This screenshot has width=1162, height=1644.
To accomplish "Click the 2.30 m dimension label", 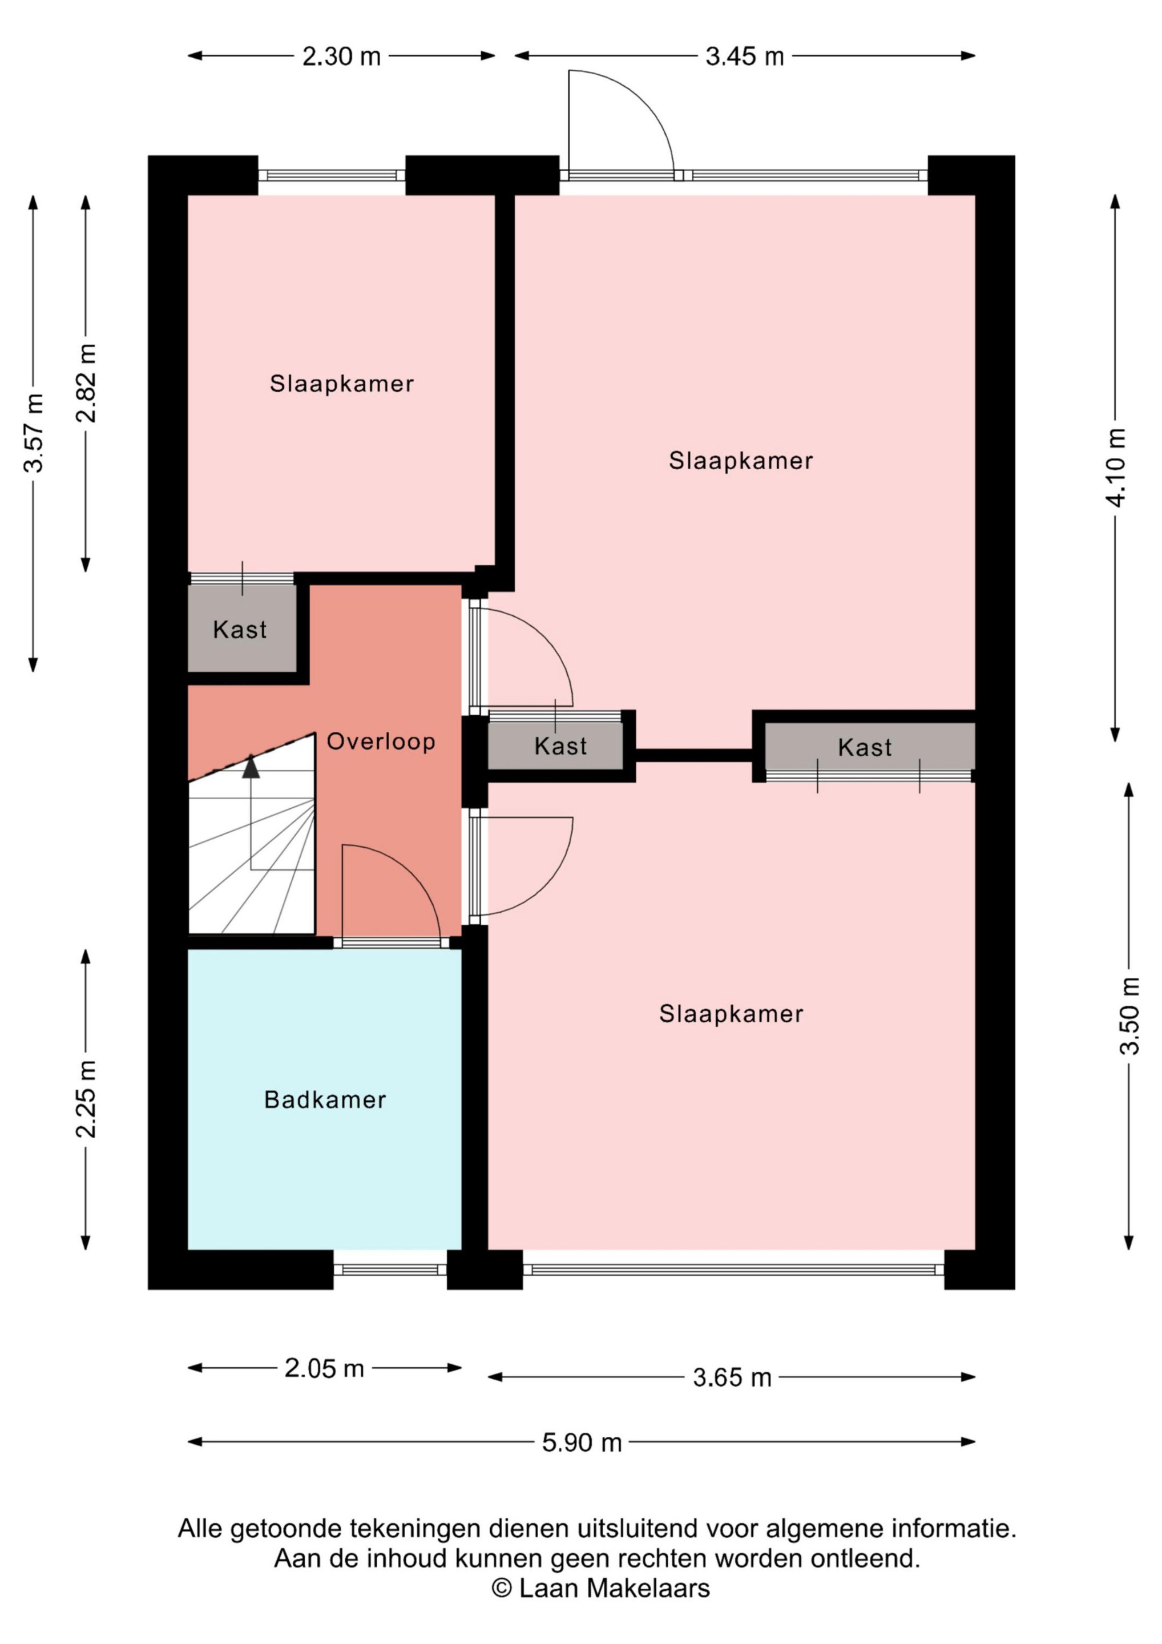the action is pyautogui.click(x=341, y=56).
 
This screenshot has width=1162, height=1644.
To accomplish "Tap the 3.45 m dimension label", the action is pyautogui.click(x=745, y=56).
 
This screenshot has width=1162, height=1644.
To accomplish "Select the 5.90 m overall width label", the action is pyautogui.click(x=582, y=1442).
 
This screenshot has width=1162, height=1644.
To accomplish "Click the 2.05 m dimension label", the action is pyautogui.click(x=324, y=1368).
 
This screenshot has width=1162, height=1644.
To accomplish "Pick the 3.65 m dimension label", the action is pyautogui.click(x=732, y=1377).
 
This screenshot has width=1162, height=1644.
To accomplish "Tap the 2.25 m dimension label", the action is pyautogui.click(x=86, y=1099).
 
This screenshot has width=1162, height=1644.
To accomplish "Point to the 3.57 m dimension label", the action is pyautogui.click(x=34, y=433).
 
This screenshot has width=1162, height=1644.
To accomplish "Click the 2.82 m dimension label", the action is pyautogui.click(x=86, y=383).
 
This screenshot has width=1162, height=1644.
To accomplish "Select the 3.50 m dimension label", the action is pyautogui.click(x=1129, y=1016).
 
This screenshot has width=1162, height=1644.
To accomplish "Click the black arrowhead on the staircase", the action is pyautogui.click(x=251, y=767).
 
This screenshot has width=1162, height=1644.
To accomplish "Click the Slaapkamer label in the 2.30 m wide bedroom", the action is pyautogui.click(x=341, y=384).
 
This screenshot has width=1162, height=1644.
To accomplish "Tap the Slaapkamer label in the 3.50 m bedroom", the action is pyautogui.click(x=731, y=1014).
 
